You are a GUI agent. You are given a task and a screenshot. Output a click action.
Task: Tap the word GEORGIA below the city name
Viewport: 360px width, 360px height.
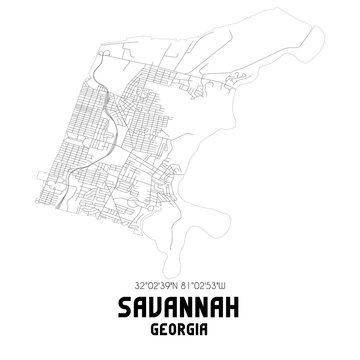(x=180, y=334)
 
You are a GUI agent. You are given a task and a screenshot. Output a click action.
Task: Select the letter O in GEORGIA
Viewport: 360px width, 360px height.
(x=170, y=334)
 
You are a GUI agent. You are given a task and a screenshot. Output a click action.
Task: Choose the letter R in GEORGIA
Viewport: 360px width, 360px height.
(x=181, y=334)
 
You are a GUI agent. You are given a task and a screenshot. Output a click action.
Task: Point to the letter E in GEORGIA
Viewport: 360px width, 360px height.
(x=160, y=334)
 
